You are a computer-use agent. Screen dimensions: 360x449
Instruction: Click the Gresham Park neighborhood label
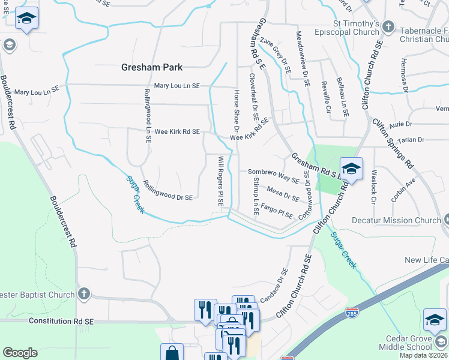152,67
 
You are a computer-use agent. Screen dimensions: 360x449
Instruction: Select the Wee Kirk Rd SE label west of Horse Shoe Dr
177,131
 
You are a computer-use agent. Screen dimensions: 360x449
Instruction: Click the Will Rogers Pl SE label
221,182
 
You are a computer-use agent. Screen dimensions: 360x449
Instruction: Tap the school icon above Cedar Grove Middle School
435,320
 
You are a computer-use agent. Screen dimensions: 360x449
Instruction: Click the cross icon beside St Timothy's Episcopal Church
389,26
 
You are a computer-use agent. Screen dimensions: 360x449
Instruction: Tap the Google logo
20,353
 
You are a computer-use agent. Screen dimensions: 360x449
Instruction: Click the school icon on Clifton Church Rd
351,169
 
